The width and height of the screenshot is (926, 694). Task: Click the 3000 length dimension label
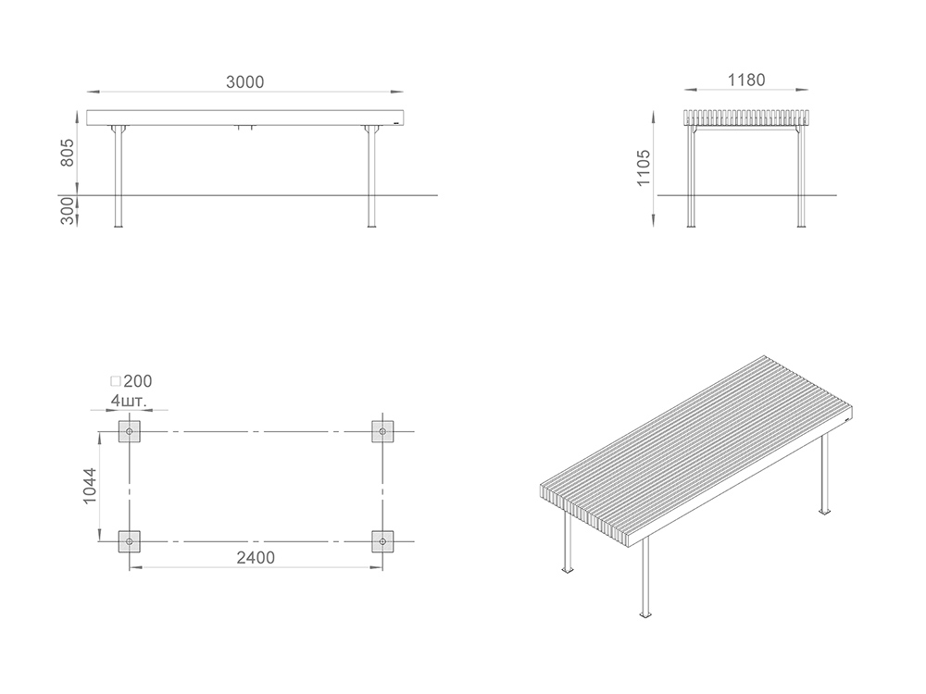tap(244, 82)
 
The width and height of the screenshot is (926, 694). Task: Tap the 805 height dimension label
tap(68, 153)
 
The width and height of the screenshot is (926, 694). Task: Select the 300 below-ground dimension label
tap(68, 211)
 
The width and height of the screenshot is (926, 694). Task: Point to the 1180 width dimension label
tap(745, 80)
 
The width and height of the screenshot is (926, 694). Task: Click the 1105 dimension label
tap(644, 167)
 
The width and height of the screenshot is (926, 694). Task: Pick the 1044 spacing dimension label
tap(90, 486)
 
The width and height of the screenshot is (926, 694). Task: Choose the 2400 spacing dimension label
tap(256, 558)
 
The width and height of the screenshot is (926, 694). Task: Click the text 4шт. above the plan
tap(128, 402)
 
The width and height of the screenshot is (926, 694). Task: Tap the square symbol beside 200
tap(116, 381)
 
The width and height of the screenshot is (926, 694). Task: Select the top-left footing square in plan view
tap(130, 431)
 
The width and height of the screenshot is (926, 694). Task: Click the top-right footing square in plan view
tap(382, 431)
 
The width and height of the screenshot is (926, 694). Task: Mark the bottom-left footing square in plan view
tap(130, 541)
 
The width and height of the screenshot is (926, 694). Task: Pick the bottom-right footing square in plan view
tap(382, 541)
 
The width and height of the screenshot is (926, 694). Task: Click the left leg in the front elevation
tap(119, 177)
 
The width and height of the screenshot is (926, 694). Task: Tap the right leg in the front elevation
tap(371, 177)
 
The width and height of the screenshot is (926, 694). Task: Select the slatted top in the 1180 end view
tap(745, 118)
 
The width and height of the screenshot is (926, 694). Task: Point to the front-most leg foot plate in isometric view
tap(644, 614)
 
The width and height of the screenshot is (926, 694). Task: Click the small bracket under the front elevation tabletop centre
tap(245, 128)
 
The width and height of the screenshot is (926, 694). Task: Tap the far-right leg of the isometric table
tap(824, 473)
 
